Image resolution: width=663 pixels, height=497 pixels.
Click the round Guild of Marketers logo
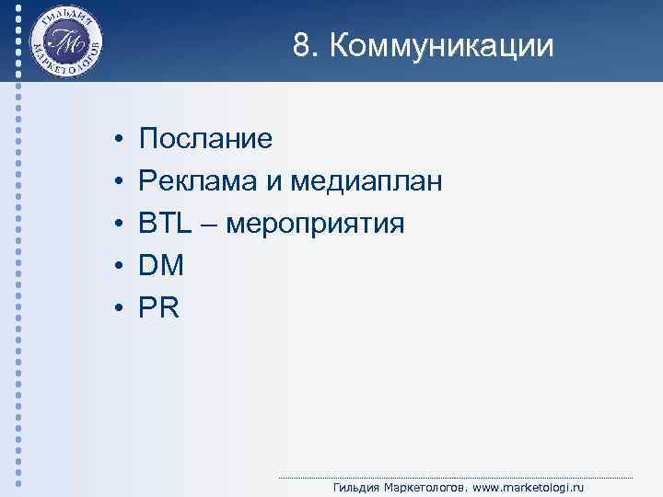[65, 41]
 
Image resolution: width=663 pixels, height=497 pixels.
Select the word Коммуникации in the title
[441, 46]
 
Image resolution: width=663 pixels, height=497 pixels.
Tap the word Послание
[205, 139]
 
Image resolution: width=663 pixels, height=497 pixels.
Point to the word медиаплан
[366, 181]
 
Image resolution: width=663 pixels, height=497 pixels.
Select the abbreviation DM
[161, 266]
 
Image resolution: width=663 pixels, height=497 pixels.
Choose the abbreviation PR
[158, 308]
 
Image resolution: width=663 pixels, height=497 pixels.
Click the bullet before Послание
[120, 140]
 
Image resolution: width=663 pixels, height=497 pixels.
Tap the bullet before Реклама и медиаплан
[120, 182]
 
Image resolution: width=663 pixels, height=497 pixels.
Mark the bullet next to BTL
[120, 225]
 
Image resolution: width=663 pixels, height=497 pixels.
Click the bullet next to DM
[120, 267]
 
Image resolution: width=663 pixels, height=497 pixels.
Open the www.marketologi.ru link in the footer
[528, 487]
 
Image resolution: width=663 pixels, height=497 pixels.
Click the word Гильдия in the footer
[354, 487]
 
